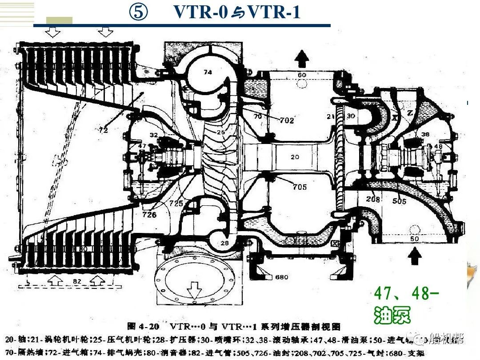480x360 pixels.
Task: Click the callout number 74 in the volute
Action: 208,72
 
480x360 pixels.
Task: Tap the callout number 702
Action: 287,120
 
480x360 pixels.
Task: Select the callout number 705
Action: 300,187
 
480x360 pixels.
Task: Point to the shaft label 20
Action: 295,156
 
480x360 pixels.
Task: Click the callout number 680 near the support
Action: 282,277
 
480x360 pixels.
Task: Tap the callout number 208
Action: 373,200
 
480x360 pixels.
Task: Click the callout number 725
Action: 176,203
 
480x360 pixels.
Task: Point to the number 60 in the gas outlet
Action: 302,75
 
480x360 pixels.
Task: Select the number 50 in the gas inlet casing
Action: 415,239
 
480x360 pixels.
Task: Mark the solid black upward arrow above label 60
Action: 302,57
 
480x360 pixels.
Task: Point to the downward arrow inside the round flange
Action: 194,291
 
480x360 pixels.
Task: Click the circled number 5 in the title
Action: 138,12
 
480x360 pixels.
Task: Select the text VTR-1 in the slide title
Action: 274,12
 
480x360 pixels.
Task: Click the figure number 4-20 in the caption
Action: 149,327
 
